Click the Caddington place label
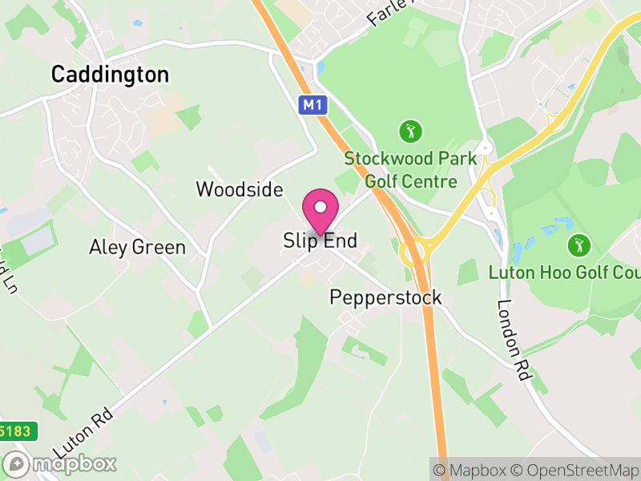click(110, 75)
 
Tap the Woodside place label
click(240, 190)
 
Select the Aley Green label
click(137, 247)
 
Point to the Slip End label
click(320, 240)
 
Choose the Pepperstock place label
click(385, 297)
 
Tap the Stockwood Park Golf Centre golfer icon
click(409, 130)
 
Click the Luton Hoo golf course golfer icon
click(578, 244)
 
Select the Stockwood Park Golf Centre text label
click(410, 169)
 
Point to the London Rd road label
click(510, 329)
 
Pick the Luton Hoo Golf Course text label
click(566, 273)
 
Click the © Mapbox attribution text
click(474, 470)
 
